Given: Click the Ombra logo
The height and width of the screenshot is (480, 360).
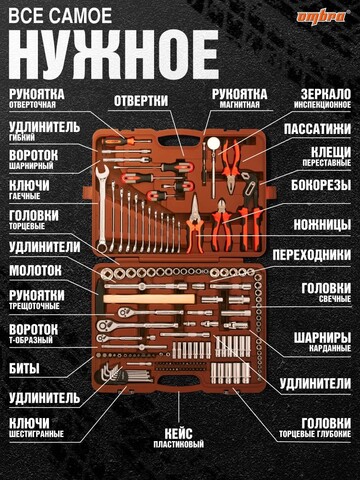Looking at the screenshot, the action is [323, 16].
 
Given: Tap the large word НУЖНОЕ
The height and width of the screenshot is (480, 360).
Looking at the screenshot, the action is [113, 55].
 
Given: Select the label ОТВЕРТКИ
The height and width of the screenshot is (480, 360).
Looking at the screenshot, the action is [141, 101].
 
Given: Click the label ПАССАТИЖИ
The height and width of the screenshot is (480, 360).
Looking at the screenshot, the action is [317, 129].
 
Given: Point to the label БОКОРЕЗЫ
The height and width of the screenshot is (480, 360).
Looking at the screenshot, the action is [321, 185].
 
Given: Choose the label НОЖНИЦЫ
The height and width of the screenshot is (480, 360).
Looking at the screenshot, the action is [322, 225].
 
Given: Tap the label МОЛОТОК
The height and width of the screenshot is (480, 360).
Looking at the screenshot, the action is [35, 270].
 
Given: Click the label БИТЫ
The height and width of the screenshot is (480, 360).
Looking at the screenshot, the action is [24, 368].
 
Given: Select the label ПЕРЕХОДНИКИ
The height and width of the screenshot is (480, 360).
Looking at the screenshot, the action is [312, 255].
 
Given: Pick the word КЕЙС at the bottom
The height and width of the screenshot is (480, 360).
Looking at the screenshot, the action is [179, 434].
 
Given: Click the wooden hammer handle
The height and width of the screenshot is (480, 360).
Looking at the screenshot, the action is [149, 299].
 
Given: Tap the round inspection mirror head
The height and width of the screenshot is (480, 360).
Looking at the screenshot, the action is [213, 144].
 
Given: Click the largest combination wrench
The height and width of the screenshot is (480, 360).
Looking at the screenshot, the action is [102, 208].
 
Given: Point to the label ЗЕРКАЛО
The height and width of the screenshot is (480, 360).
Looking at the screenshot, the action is [326, 94].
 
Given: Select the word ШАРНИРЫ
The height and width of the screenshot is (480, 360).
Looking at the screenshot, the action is [322, 338].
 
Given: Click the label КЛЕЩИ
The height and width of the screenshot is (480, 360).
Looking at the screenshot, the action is [331, 152].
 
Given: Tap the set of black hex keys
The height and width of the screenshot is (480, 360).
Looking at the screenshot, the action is [112, 373].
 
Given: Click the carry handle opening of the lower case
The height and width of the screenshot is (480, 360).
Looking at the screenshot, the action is [177, 380].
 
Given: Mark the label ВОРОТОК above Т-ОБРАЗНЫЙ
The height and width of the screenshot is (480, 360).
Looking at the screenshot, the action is [33, 329].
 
